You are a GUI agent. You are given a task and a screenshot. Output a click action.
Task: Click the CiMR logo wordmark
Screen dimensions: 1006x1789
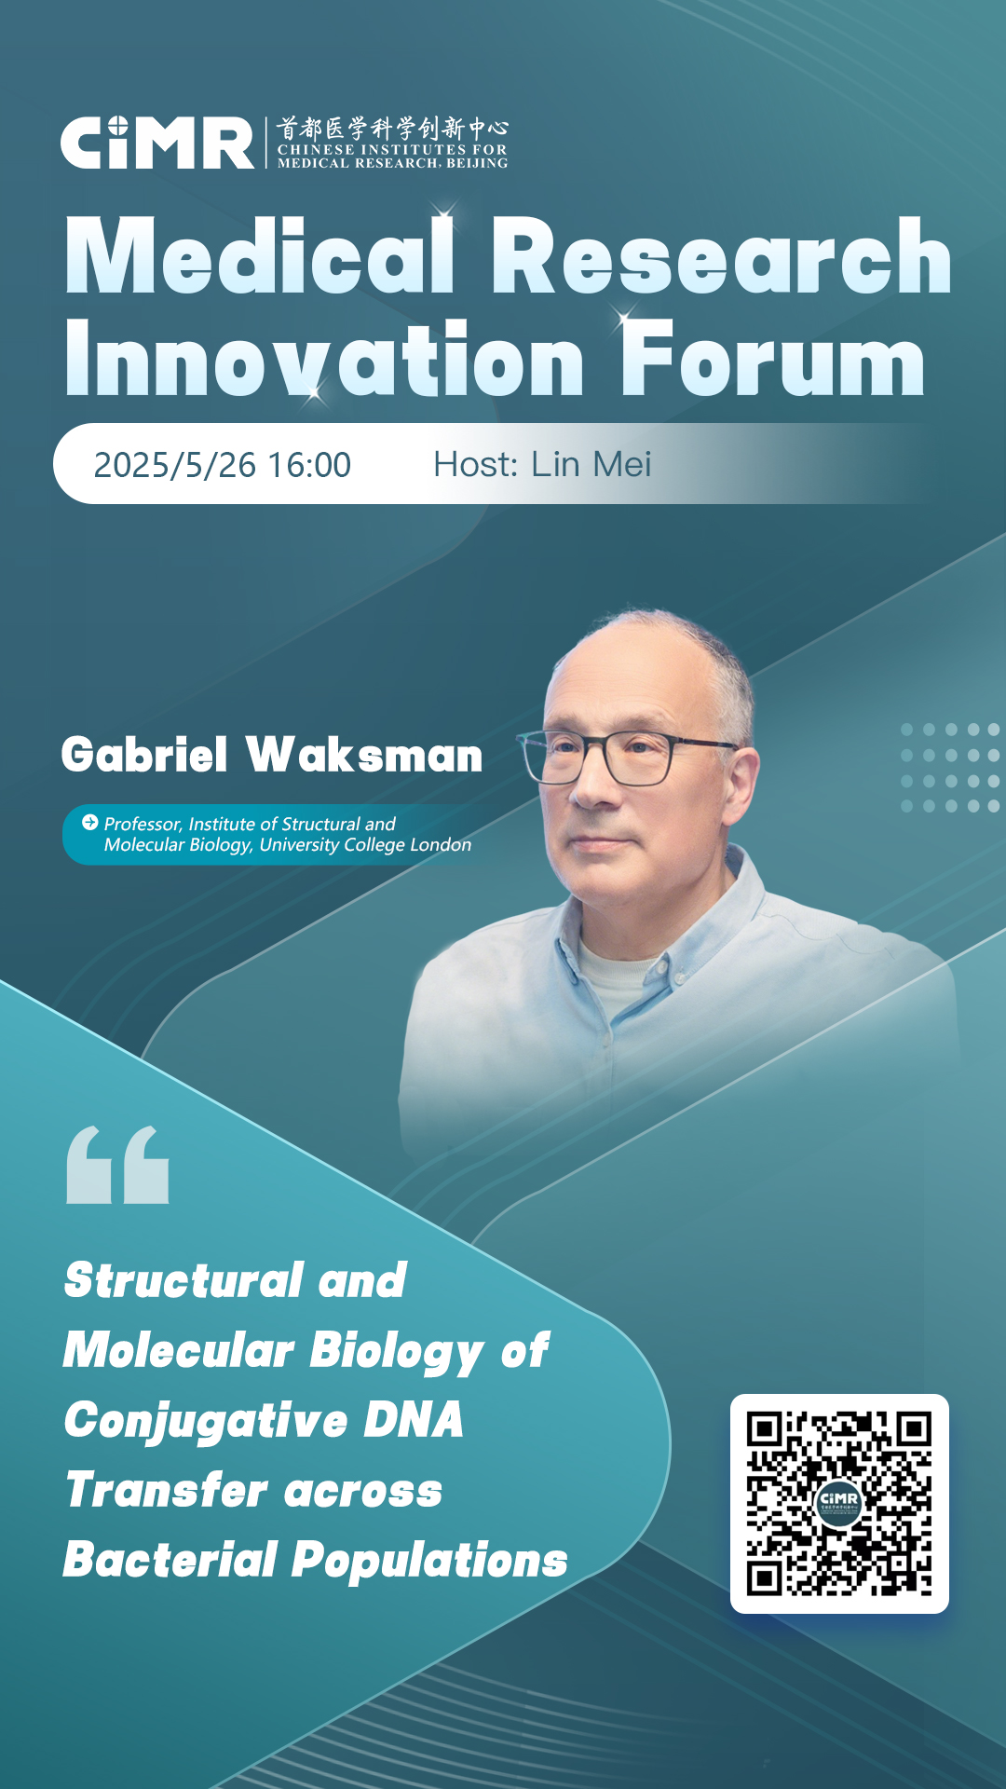pos(157,143)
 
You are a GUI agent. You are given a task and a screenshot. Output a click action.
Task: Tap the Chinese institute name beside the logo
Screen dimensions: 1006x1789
pos(392,128)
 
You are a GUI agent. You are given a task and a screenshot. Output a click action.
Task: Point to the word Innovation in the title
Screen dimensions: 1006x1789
pos(324,359)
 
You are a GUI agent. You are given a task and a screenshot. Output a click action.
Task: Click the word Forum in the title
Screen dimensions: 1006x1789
pos(773,359)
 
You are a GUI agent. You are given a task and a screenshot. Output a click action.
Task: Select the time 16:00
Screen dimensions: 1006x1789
pos(309,465)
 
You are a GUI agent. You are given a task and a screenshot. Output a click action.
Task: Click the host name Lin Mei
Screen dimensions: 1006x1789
pos(591,464)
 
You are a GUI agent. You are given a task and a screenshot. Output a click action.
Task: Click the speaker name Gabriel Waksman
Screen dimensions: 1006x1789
pos(272,755)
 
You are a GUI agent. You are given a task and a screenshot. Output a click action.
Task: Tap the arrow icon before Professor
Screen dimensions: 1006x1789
pos(90,822)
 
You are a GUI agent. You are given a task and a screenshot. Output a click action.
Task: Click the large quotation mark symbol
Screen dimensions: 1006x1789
pos(117,1165)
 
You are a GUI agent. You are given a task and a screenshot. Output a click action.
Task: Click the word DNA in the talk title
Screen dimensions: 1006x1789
pos(413,1420)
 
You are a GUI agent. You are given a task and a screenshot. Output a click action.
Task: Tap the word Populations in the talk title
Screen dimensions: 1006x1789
pos(429,1562)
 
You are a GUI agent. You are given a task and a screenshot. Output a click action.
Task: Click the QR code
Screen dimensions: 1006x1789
pos(839,1504)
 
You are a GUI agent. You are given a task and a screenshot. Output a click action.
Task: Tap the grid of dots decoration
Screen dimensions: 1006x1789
pos(950,768)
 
